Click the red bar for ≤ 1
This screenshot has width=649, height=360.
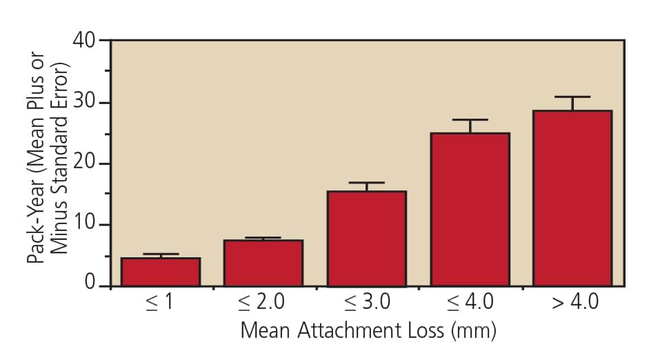(x=161, y=272)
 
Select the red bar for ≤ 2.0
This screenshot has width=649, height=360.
(x=263, y=263)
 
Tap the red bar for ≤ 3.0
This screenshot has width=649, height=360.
(x=366, y=239)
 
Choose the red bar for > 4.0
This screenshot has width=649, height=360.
(x=572, y=198)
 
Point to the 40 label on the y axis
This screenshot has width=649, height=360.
(x=86, y=41)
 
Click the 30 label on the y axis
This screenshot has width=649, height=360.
(x=86, y=103)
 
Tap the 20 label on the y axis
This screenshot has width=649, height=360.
(x=86, y=164)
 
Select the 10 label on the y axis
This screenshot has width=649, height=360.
(x=86, y=226)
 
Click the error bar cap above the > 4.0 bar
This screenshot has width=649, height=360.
(x=572, y=97)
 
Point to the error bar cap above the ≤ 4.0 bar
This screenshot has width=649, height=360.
(x=470, y=120)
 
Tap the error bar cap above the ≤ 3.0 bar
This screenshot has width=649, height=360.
(x=366, y=183)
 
